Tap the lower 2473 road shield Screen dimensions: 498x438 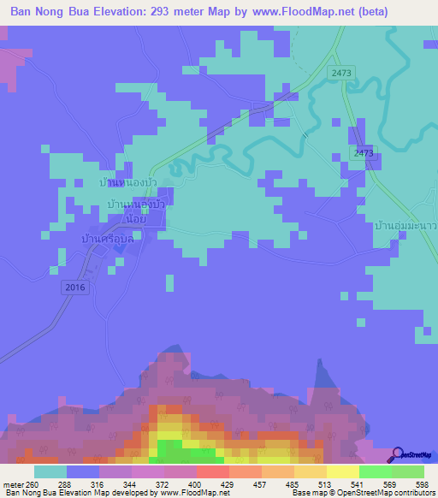(x=364, y=152)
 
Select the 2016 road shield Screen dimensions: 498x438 (x=75, y=288)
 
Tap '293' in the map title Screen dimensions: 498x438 (x=163, y=12)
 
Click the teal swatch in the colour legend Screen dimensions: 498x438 (x=50, y=471)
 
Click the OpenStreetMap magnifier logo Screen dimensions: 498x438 (x=399, y=454)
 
